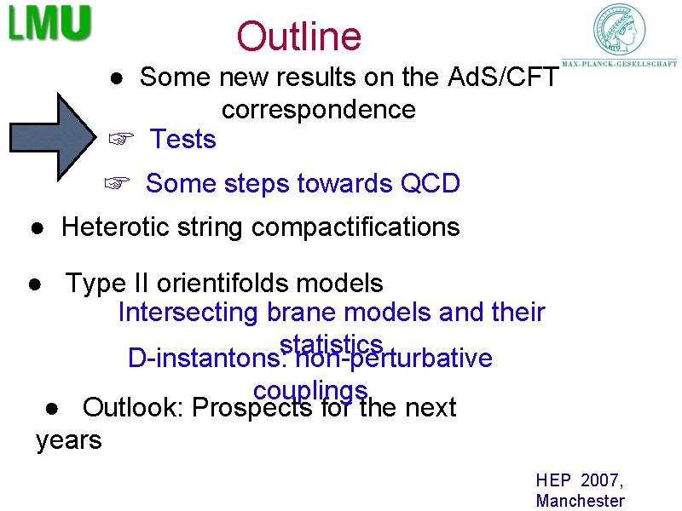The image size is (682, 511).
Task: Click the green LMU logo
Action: [x=49, y=23]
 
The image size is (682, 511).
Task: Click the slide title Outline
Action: [x=298, y=37]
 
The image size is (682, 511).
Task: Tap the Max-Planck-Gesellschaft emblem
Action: [x=620, y=31]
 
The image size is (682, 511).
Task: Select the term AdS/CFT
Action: [x=503, y=78]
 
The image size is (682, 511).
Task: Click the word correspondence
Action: [x=318, y=110]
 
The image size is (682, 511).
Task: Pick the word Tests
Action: [x=182, y=139]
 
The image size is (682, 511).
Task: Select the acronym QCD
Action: [x=431, y=183]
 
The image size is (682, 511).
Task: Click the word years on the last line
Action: [x=68, y=440]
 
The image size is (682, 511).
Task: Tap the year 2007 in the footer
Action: [x=604, y=481]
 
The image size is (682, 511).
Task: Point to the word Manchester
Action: [x=580, y=501]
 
